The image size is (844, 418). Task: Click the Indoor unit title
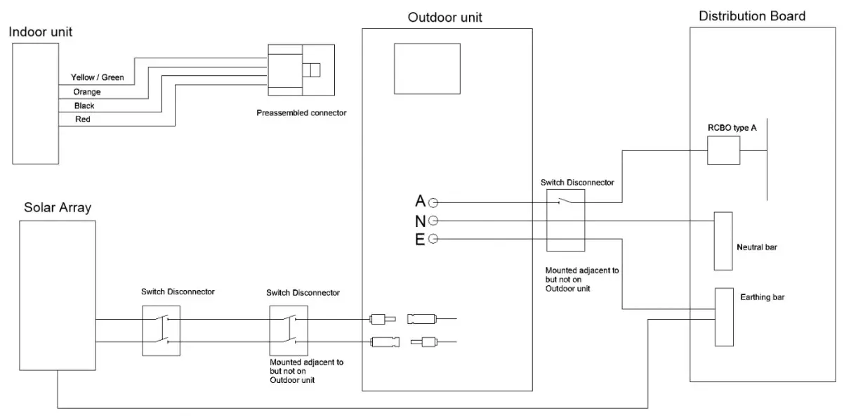click(41, 32)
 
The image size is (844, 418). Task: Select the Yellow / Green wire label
click(97, 77)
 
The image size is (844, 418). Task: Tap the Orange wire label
click(87, 92)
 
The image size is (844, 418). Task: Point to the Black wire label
click(84, 106)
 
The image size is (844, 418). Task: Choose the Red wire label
click(82, 119)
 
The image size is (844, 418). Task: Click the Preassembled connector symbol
click(301, 70)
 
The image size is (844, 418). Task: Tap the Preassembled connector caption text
click(301, 112)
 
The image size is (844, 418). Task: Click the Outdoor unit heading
click(445, 17)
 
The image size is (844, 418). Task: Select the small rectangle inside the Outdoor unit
click(427, 68)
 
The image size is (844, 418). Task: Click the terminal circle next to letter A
click(433, 202)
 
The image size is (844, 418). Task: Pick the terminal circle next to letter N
click(433, 221)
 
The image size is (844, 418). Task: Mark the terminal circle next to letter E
click(433, 240)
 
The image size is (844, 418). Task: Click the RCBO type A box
click(723, 150)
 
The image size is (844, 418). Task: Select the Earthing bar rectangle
click(723, 317)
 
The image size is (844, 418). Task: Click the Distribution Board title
click(751, 16)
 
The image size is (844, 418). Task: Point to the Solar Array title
click(57, 208)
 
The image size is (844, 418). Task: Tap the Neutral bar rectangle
click(723, 240)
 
